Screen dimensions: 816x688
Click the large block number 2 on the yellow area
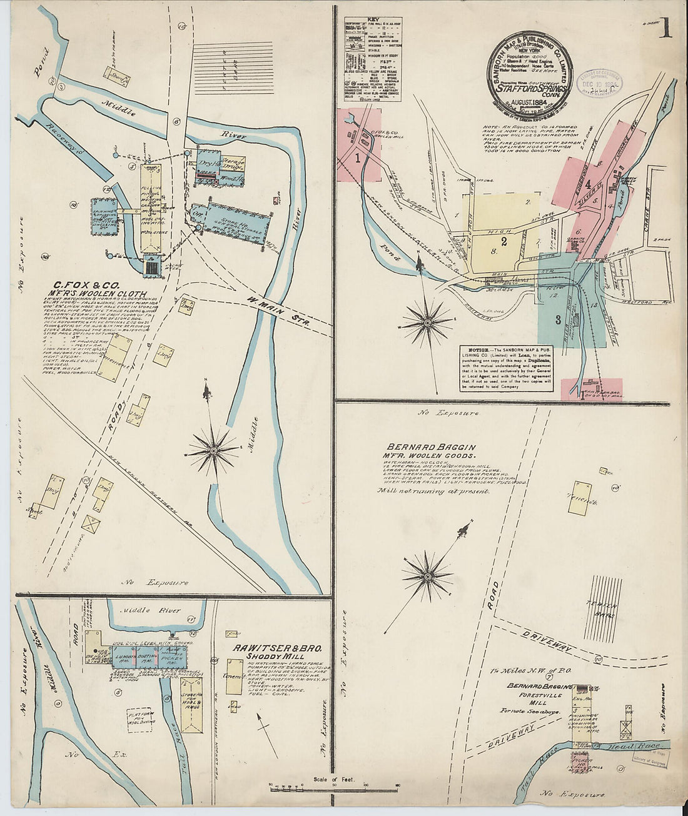click(503, 239)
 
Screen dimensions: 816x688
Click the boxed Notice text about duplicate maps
click(507, 368)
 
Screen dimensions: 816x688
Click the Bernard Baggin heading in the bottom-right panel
click(431, 448)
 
